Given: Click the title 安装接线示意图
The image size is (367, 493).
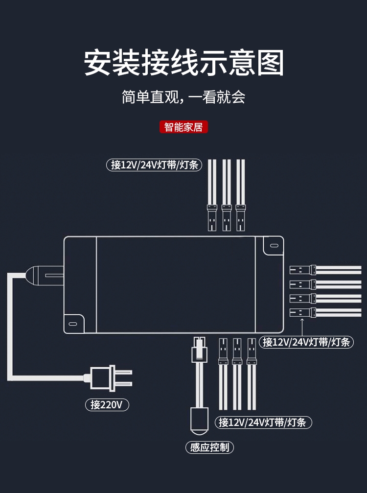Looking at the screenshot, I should coord(183,63).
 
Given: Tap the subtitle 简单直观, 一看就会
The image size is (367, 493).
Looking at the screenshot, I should coord(183,97).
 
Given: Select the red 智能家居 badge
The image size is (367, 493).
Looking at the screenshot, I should coord(184,127).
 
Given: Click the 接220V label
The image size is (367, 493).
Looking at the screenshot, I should coord(107,404).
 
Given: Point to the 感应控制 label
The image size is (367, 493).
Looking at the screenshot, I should coord(209,447).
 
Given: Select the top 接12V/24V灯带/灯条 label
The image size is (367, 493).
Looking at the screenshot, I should coord(154,165).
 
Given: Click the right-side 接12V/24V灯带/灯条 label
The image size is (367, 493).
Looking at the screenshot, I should coord(307,342).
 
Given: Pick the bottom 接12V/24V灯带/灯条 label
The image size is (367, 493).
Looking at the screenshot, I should coord(263,422).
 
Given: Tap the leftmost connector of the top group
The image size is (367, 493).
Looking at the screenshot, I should coord(212,217).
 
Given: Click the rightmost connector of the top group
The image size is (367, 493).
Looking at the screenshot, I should coord(240,217).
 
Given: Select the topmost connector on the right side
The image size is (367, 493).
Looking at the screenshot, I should coord(302,270).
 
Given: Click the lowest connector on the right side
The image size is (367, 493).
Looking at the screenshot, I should coord(302,312).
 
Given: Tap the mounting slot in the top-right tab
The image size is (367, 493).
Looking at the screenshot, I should coord(274,245).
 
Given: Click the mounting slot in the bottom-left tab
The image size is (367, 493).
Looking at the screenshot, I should coord(73,324).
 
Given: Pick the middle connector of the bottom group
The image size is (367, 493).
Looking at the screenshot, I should coord(237,351).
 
